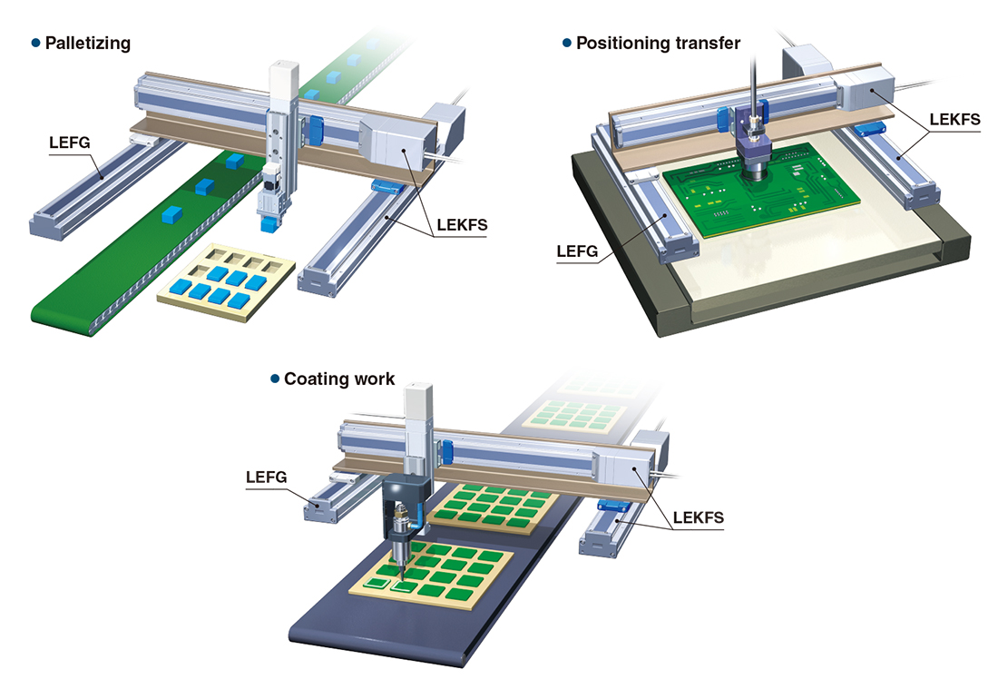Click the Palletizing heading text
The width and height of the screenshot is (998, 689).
88,44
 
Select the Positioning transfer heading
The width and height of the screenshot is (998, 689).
658,44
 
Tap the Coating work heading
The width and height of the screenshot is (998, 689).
339,379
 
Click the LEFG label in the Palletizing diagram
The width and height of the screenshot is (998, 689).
69,143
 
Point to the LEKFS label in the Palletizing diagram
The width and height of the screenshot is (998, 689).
462,225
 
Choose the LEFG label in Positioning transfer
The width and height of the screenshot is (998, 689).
577,251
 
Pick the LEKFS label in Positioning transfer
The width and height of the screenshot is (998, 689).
954,120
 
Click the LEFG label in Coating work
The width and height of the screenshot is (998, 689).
266,477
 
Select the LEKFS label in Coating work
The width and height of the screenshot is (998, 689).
699,517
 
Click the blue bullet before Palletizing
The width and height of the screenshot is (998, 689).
35,44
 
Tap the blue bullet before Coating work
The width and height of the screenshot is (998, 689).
275,379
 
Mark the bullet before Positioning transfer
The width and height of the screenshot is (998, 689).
567,44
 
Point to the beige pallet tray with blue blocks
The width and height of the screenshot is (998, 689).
226,281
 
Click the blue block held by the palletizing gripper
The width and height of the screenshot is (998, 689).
268,223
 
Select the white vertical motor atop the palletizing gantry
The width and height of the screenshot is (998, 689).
283,78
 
